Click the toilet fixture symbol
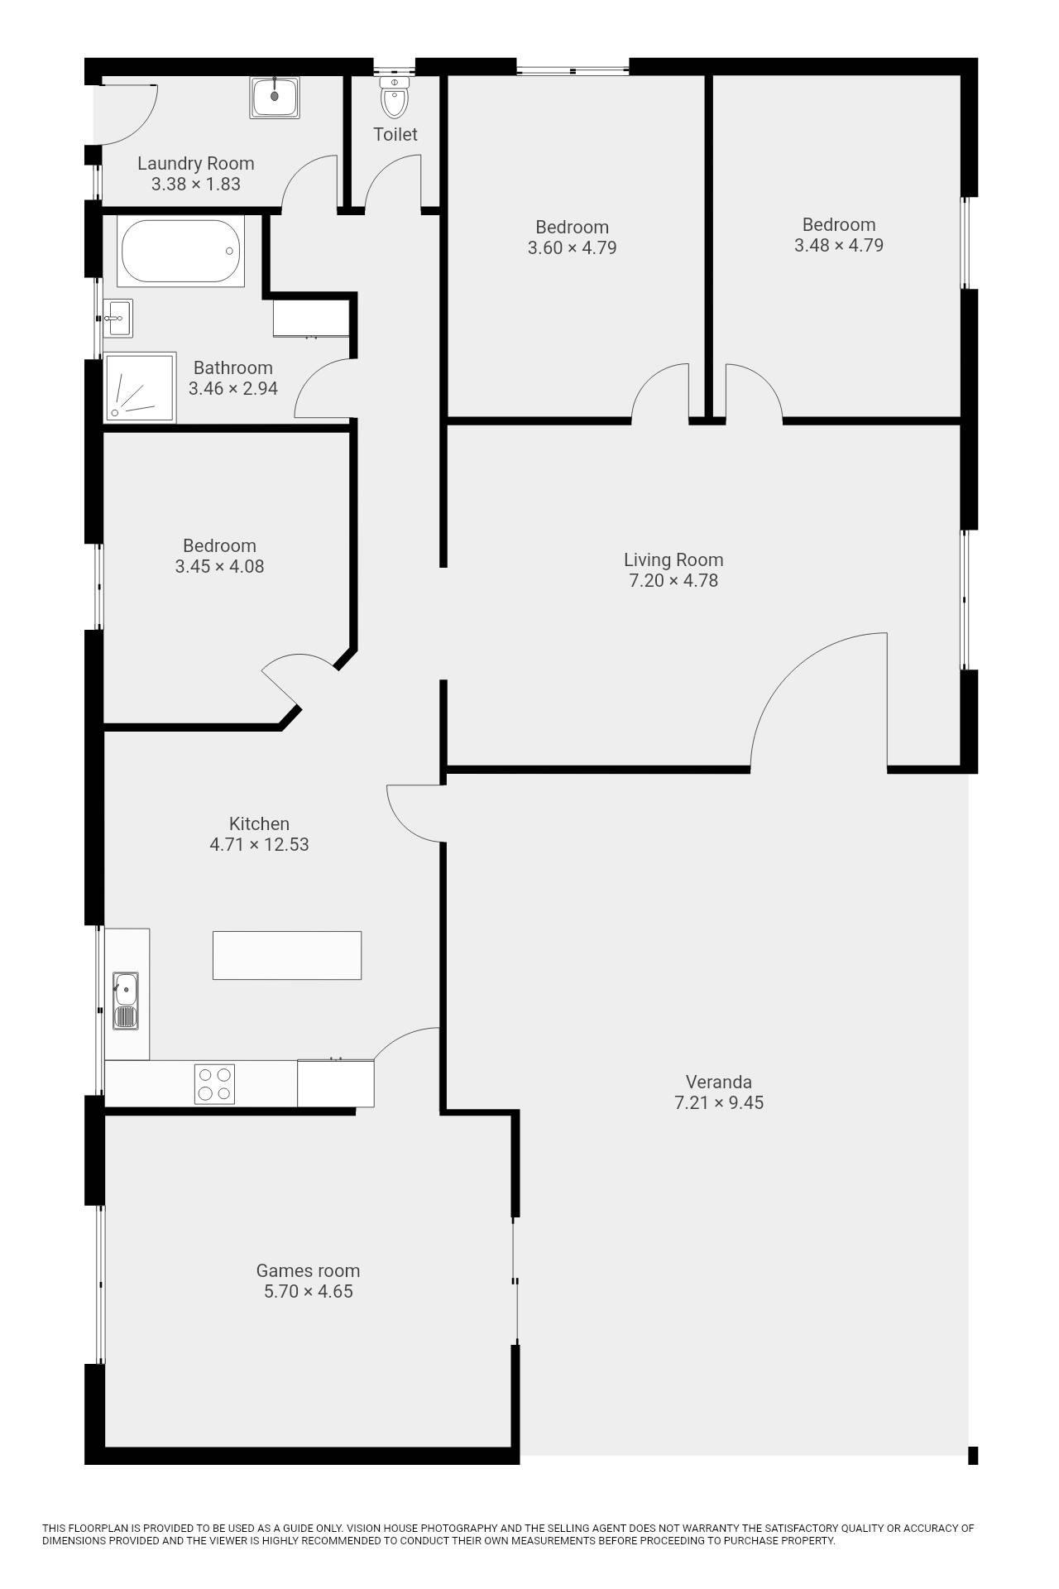tap(395, 98)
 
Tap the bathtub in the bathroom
tap(180, 252)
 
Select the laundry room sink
tap(275, 98)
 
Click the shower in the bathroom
tap(140, 388)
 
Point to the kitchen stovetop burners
tap(214, 1083)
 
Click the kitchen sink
tap(126, 1001)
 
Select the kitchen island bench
tap(287, 955)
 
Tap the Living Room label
tap(673, 559)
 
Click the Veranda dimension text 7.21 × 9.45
tap(719, 1102)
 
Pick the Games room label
tap(308, 1270)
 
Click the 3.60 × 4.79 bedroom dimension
tap(573, 247)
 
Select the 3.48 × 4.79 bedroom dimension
tap(839, 245)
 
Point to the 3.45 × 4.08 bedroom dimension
tap(219, 566)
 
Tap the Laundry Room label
tap(196, 163)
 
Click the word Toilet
tap(395, 134)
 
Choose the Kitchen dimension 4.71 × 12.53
tap(259, 844)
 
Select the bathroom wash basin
tap(117, 318)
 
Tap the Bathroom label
tap(233, 367)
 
